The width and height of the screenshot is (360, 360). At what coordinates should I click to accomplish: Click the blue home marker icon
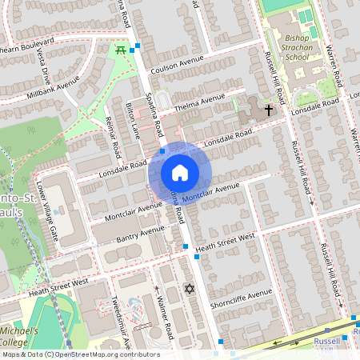(x=180, y=172)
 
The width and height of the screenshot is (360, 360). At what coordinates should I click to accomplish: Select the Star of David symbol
(x=190, y=289)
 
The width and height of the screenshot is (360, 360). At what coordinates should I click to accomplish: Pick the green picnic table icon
(x=121, y=50)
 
